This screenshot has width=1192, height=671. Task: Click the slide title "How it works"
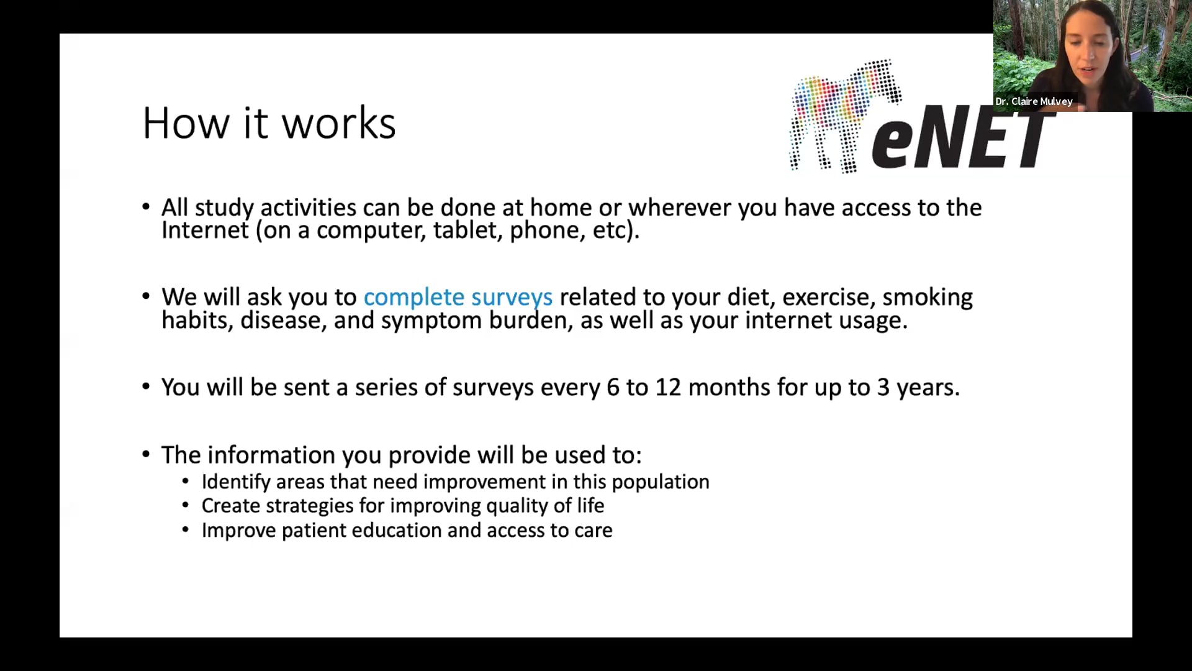[x=269, y=122]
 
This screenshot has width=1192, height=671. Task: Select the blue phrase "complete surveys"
[x=458, y=298]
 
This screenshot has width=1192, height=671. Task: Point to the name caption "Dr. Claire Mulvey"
[x=1034, y=101]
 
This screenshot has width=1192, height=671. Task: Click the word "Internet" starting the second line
[x=205, y=231]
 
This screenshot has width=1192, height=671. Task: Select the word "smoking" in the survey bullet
[x=928, y=297]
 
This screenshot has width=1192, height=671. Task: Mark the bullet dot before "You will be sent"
[x=146, y=386]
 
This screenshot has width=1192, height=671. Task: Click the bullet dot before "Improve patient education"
[x=185, y=530]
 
